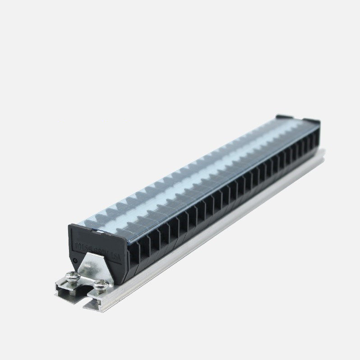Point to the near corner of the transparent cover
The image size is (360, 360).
click(x=78, y=224)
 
